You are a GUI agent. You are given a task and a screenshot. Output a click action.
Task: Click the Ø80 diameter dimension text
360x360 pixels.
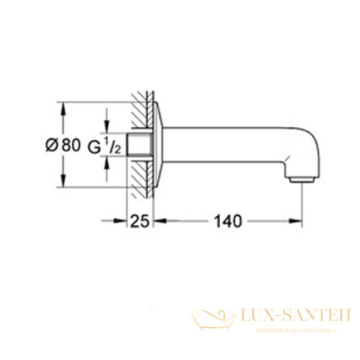tap(62, 146)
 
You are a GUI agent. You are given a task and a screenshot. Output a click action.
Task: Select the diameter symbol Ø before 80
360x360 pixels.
tap(50, 146)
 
